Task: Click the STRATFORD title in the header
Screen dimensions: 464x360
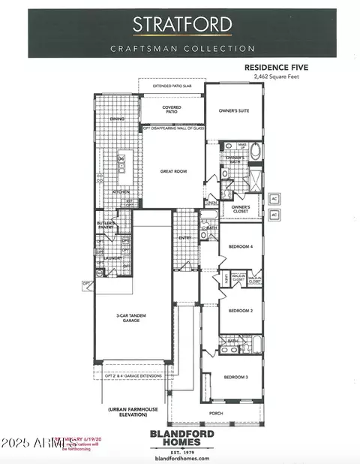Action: point(182,24)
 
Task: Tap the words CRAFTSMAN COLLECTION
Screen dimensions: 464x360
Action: point(183,49)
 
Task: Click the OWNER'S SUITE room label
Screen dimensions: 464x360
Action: point(233,110)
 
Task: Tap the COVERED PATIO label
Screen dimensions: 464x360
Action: point(172,110)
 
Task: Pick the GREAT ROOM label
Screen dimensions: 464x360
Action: point(172,171)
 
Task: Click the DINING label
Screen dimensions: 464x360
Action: point(117,119)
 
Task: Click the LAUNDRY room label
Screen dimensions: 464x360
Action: point(112,258)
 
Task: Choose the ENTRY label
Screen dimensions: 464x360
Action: point(184,238)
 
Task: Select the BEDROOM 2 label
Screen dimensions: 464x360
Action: point(240,310)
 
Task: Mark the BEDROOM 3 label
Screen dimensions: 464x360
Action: point(235,376)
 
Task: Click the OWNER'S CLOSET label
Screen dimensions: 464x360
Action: point(240,208)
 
